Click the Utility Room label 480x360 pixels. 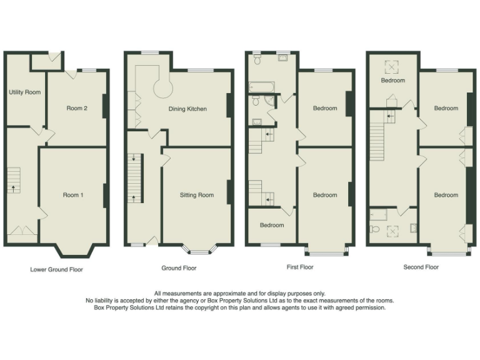click(x=24, y=92)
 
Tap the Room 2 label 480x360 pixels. click(x=77, y=108)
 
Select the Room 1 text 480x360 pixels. click(x=72, y=195)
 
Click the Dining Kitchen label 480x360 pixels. click(x=187, y=109)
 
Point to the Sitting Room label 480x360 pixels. click(x=197, y=195)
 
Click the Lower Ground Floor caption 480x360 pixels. click(x=56, y=270)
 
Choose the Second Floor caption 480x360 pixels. click(x=421, y=267)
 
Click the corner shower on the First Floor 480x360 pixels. click(x=269, y=100)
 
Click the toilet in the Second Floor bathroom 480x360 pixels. click(x=375, y=229)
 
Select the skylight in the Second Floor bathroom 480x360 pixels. click(x=392, y=231)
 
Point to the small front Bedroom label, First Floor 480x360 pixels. click(x=272, y=225)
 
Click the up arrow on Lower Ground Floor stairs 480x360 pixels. click(x=12, y=186)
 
